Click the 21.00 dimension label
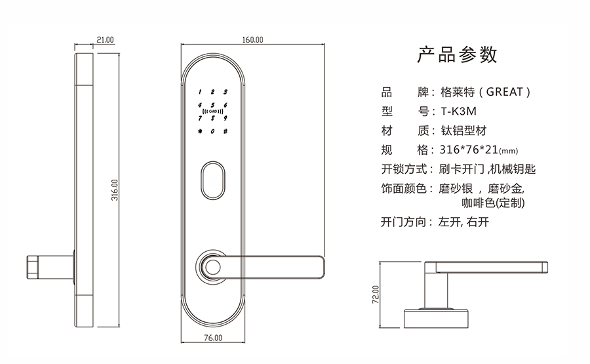coord(105,40)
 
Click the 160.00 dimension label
coord(252,40)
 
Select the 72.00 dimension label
coord(376,295)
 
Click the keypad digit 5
coord(212,105)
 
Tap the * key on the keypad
coord(199,131)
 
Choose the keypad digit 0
coord(212,131)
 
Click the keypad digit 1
coord(200,92)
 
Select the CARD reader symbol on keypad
coord(212,112)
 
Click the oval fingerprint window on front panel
coord(213,179)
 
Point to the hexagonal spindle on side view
coord(33,265)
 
